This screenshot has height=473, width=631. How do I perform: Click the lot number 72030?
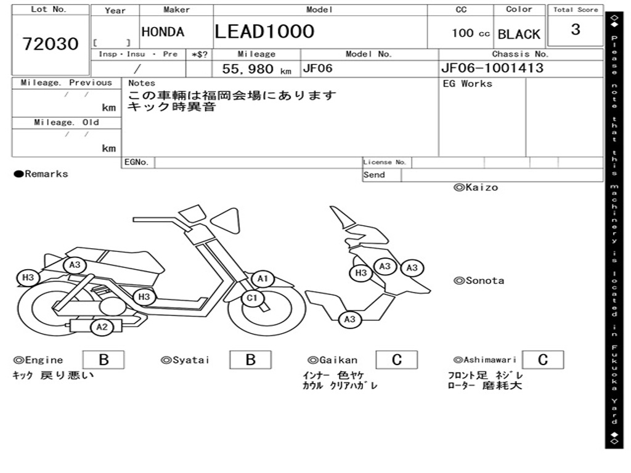click(x=51, y=44)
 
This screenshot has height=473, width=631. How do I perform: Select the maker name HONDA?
click(x=163, y=32)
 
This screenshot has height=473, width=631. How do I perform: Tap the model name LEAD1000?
click(x=264, y=31)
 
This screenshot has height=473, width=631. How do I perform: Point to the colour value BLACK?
click(x=518, y=34)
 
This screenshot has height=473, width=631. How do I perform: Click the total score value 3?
click(x=575, y=30)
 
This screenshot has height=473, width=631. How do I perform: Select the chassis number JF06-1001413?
click(x=492, y=68)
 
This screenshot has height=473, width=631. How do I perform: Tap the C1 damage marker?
click(x=251, y=299)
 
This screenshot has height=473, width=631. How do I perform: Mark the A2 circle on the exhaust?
click(x=102, y=327)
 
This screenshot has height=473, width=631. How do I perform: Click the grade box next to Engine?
click(x=103, y=360)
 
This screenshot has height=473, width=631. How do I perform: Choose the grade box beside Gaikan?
click(x=396, y=360)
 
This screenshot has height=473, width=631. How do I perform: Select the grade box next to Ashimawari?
click(x=542, y=360)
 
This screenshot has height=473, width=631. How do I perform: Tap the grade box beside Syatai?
click(x=250, y=360)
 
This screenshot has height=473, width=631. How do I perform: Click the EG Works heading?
click(x=468, y=83)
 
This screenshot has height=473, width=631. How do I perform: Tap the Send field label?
click(x=374, y=175)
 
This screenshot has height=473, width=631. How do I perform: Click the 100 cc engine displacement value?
click(x=470, y=33)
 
